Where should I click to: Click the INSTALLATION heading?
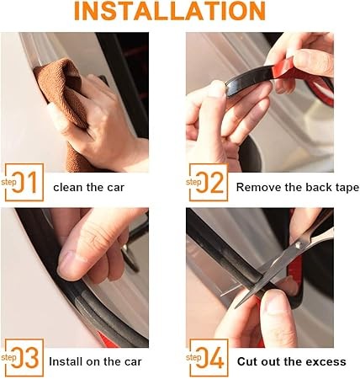click(170, 11)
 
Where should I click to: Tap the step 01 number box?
click(24, 182)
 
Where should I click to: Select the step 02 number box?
click(209, 182)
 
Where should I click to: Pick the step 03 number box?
click(24, 357)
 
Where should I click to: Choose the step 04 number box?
click(209, 357)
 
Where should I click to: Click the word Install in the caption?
click(66, 361)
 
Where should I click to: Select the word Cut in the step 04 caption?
click(246, 361)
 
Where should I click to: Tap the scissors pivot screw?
click(299, 245)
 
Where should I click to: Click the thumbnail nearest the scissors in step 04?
click(277, 303)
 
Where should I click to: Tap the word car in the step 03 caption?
click(133, 362)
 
